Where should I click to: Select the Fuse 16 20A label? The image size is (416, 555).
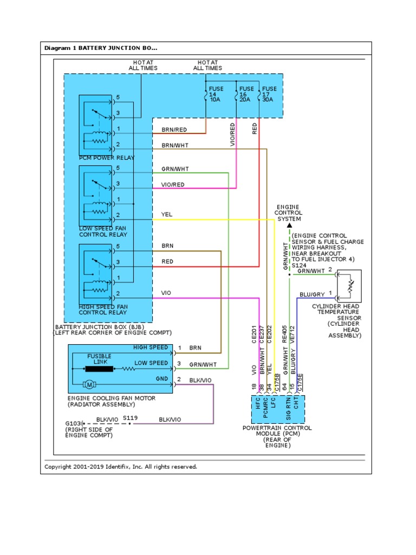[x=246, y=94]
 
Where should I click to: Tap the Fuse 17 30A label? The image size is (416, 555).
[x=269, y=94]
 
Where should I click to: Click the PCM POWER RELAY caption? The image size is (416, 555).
[x=107, y=158]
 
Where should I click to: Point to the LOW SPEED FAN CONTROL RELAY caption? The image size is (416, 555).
[x=103, y=231]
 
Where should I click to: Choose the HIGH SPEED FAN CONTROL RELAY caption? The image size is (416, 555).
[x=103, y=309]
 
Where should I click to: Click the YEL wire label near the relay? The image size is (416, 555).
[x=167, y=215]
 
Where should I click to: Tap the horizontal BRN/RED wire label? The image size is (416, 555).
[x=174, y=130]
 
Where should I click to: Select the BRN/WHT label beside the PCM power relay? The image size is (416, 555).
[x=175, y=145]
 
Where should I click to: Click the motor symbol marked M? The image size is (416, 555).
[x=89, y=384]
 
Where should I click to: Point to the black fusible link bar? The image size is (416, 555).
[x=99, y=369]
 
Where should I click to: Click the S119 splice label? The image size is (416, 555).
[x=130, y=418]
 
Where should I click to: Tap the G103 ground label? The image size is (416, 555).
[x=73, y=424]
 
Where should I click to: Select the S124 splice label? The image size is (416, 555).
[x=299, y=266]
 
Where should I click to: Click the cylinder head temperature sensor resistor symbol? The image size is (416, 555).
[x=350, y=286]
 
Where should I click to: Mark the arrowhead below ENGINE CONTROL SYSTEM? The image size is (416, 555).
[x=289, y=225]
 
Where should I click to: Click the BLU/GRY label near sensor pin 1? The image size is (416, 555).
[x=312, y=294]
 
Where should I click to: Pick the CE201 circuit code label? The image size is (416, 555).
[x=253, y=334]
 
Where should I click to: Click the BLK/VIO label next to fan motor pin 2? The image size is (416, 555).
[x=200, y=380]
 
